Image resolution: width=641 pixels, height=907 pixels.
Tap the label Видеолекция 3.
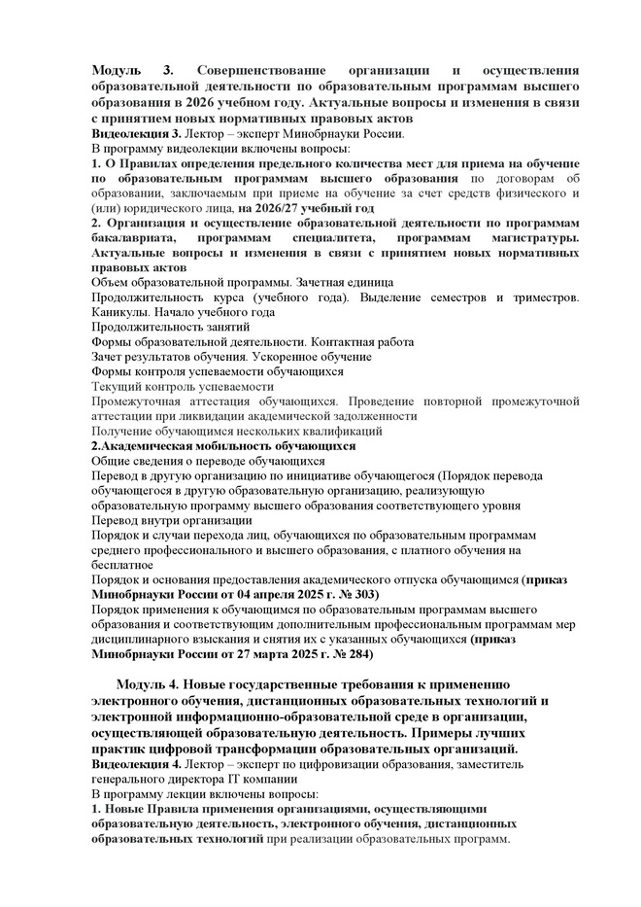[135, 133]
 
